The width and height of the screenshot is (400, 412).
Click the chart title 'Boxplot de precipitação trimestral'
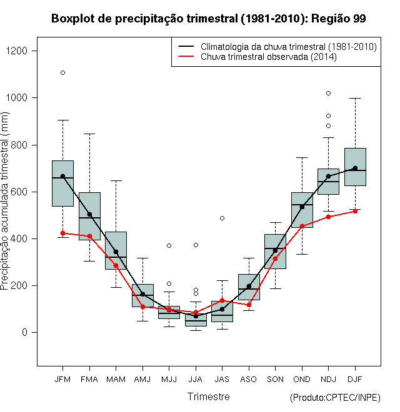(x=144, y=19)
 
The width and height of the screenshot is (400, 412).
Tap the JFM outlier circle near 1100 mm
(x=62, y=73)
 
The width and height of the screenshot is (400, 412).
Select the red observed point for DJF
(x=355, y=211)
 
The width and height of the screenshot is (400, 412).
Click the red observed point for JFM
(x=62, y=233)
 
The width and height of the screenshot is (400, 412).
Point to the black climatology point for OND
(x=302, y=207)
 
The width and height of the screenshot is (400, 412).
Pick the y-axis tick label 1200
(x=17, y=51)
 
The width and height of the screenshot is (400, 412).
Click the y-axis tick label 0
(x=25, y=332)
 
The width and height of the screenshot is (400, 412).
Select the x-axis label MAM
(x=116, y=380)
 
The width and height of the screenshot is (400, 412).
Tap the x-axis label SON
(x=275, y=380)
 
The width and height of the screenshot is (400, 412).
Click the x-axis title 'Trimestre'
(x=209, y=396)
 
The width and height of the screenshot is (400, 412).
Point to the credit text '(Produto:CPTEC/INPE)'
(x=335, y=398)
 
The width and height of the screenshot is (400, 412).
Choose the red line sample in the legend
(x=186, y=56)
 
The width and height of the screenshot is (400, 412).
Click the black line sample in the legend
(x=186, y=46)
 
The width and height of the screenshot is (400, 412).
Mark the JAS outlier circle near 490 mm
(x=222, y=218)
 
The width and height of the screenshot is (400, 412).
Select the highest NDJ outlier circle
(x=328, y=93)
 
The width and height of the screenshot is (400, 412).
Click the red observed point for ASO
(x=249, y=305)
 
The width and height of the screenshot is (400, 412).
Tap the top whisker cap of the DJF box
(x=355, y=98)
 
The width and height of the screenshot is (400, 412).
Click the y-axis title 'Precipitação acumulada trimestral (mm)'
(x=4, y=201)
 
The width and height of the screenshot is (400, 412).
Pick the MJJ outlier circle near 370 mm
(x=169, y=246)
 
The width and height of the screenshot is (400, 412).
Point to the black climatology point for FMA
(x=89, y=215)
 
